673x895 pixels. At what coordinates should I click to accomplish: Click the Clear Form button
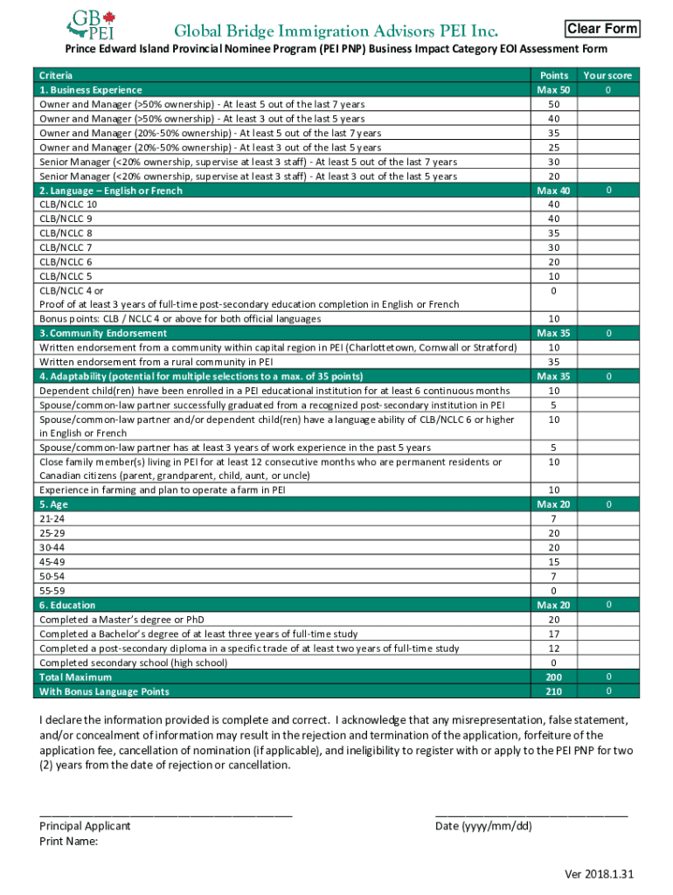point(602,29)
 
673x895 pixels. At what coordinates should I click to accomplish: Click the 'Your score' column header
point(607,76)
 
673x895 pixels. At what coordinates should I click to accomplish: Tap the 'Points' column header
point(554,76)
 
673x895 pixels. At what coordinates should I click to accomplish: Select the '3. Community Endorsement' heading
point(100,333)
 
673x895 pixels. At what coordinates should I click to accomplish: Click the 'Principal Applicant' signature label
point(85,826)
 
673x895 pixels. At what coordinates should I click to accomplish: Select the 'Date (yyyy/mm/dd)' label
point(482,826)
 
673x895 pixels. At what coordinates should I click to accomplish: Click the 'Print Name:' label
point(68,842)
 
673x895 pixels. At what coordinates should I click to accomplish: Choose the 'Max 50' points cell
point(554,90)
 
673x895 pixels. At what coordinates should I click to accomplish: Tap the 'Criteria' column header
point(56,76)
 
